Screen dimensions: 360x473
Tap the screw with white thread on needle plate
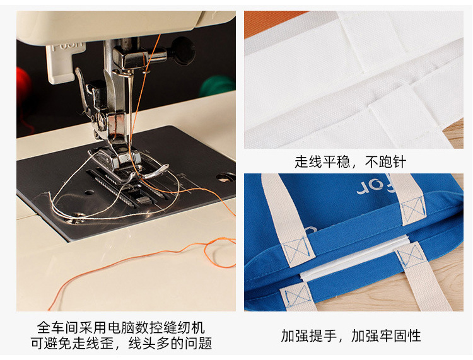point(78,218)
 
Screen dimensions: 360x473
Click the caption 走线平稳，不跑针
point(350,162)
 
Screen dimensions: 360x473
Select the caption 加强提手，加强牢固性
point(351,335)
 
